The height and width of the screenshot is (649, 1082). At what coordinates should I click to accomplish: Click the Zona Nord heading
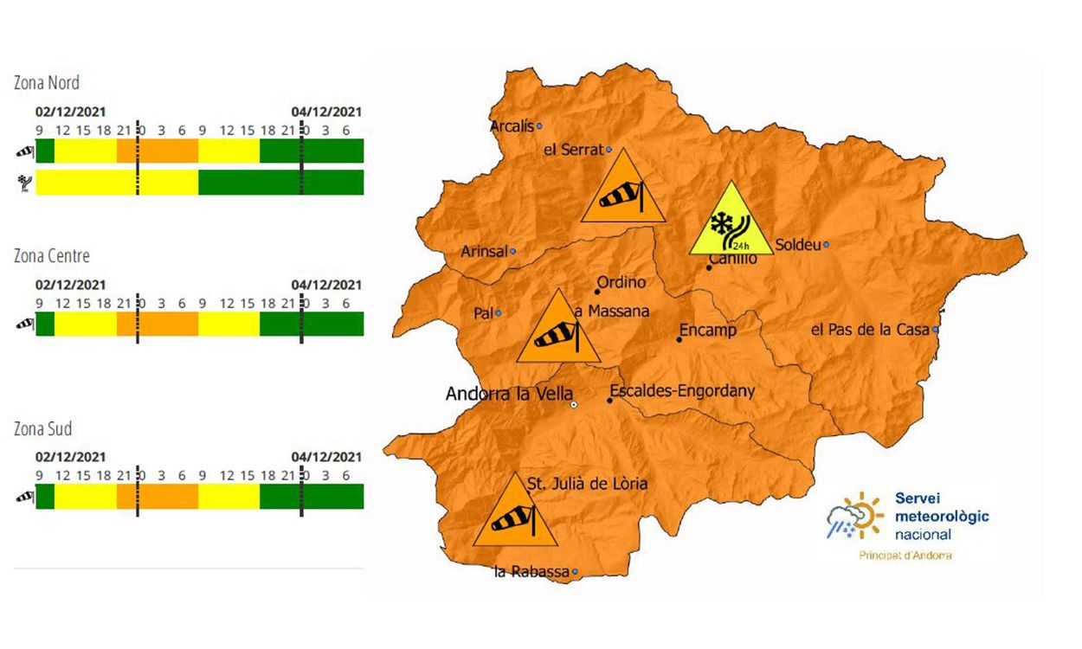47,83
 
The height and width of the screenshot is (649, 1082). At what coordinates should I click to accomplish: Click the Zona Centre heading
51,256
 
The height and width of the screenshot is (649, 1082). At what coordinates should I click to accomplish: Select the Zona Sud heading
42,429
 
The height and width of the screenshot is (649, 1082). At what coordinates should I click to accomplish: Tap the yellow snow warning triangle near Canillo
730,223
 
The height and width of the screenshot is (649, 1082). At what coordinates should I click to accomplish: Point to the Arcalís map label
511,126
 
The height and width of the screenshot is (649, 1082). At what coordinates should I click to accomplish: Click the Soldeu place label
797,245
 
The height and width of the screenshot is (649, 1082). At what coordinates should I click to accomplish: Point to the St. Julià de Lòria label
587,484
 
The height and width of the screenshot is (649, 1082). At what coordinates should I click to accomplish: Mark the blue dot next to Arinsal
512,252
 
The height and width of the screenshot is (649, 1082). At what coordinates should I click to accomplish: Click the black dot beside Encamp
679,339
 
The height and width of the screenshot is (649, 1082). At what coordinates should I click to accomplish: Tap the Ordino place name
622,282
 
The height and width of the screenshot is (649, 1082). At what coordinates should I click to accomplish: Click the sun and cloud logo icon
854,516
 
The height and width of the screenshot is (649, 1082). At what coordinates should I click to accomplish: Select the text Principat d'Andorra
905,555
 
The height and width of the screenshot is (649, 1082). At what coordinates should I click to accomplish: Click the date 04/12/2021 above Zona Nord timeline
326,112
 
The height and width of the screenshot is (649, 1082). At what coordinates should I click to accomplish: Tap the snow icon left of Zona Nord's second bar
23,183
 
